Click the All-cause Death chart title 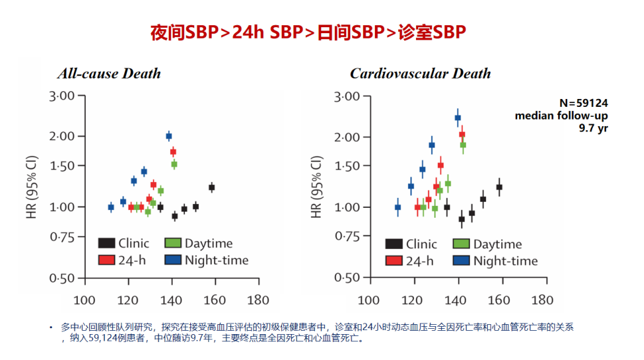[109, 73]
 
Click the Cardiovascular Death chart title [420, 73]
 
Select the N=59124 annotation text [583, 103]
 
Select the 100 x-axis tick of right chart [370, 300]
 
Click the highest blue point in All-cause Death [169, 136]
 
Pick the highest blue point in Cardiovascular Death [457, 118]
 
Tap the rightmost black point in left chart [211, 187]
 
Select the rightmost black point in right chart [499, 187]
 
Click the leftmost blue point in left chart [111, 207]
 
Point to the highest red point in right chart [462, 134]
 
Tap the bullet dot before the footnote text [51, 327]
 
